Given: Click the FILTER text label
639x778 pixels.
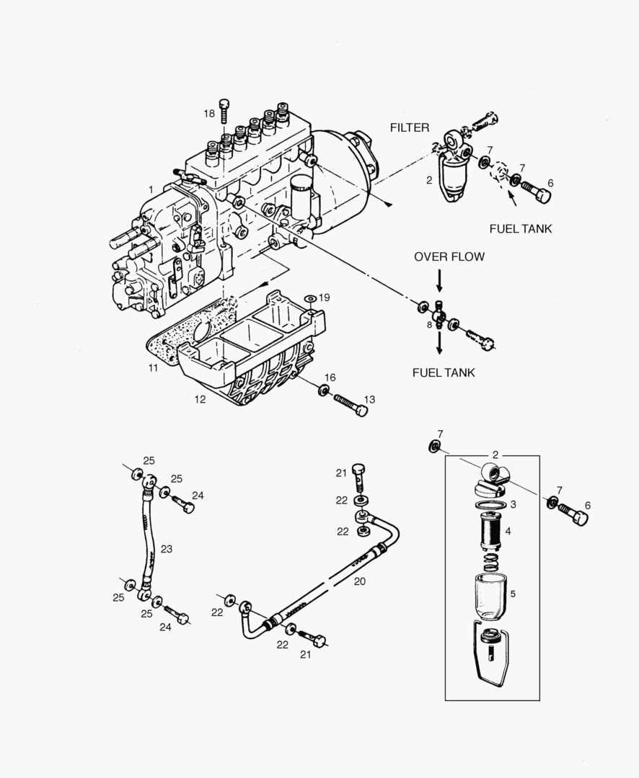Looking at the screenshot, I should pos(409,128).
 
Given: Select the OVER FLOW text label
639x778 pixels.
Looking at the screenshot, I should pos(449,256).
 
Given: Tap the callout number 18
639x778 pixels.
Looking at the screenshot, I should pos(209,114).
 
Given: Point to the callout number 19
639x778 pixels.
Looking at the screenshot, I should pos(324,297).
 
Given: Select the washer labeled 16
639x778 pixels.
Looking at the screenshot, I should pos(323,391).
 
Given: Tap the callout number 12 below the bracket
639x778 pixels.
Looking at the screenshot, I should pos(200,398).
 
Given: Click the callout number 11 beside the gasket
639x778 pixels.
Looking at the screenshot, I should pos(153,367).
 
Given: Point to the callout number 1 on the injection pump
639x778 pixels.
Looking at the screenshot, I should pos(151,189).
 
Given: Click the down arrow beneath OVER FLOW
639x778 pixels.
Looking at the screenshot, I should pos(439,280).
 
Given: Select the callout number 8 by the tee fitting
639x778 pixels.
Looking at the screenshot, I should pos(429,325).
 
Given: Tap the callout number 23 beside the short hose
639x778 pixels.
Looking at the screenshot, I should pos(167,550).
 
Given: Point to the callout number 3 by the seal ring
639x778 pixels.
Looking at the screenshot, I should pos(513,504).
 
